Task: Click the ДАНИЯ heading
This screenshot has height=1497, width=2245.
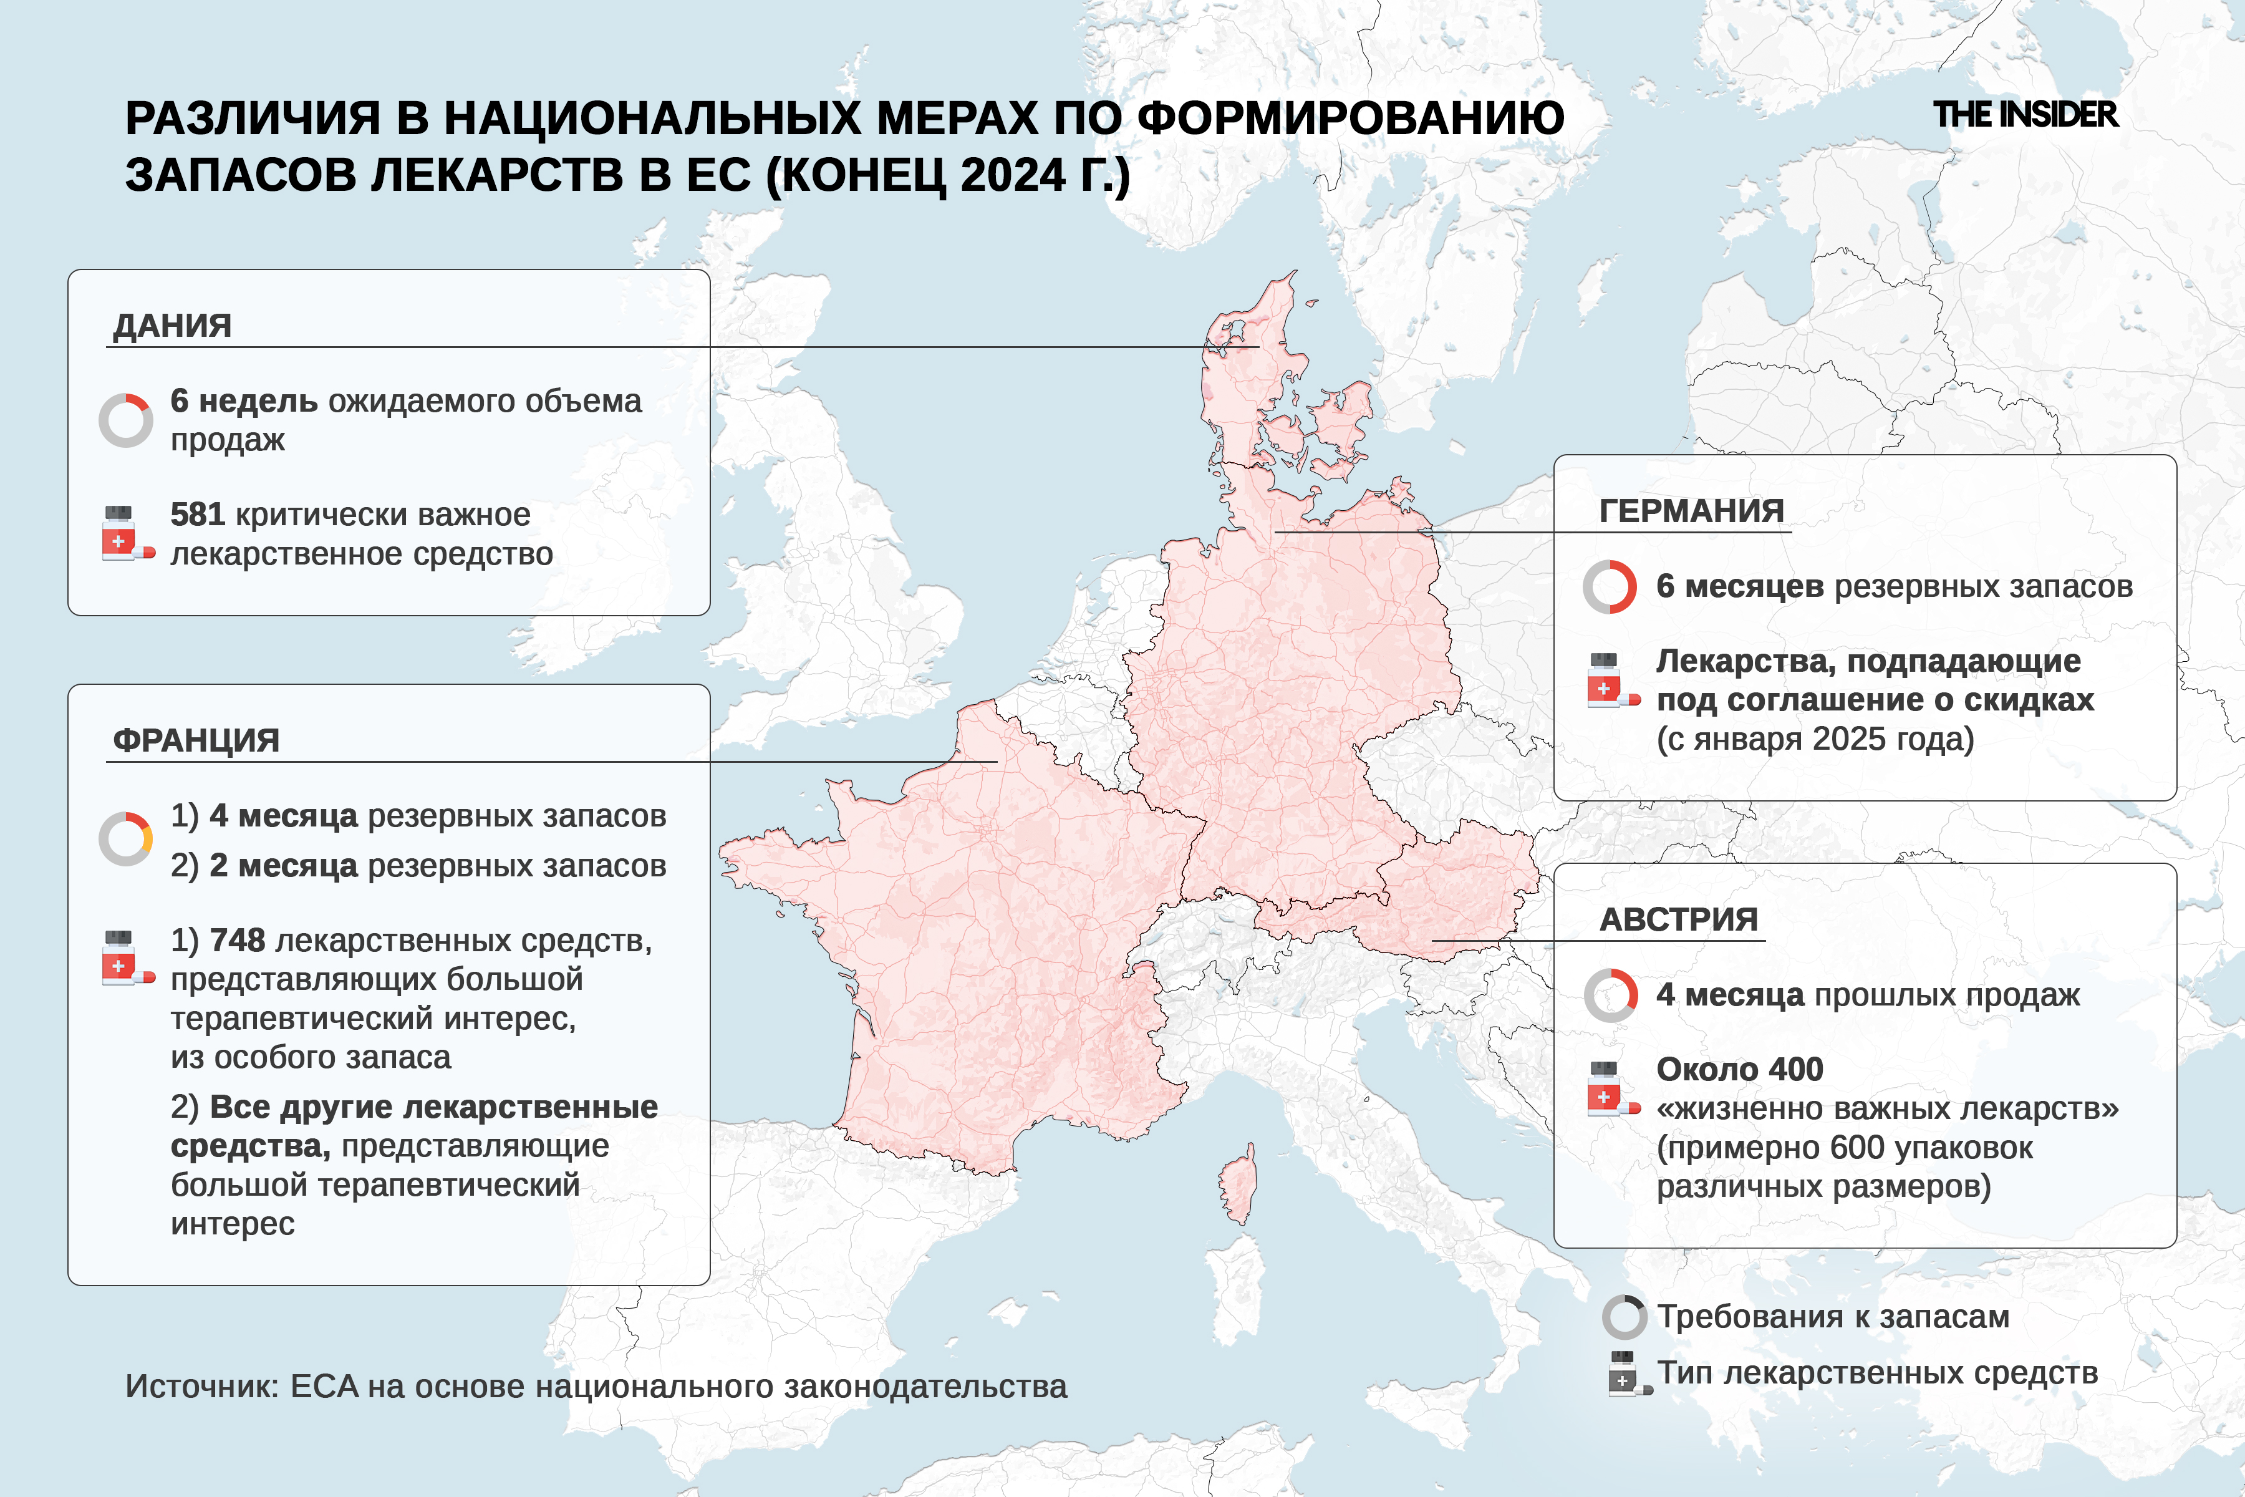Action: [x=173, y=326]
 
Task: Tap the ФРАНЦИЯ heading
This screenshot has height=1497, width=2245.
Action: [x=196, y=740]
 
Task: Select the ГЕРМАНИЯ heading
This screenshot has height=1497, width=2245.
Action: [x=1691, y=511]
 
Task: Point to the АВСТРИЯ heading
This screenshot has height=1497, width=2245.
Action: [x=1678, y=919]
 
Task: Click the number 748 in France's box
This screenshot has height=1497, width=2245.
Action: [x=237, y=941]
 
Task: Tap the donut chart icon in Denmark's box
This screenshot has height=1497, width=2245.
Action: [x=126, y=420]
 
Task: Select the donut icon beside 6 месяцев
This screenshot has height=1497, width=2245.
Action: [x=1610, y=586]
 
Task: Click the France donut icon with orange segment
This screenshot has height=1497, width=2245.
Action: [x=126, y=838]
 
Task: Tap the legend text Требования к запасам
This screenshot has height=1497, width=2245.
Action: [x=1833, y=1317]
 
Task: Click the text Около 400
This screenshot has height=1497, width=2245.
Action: [x=1739, y=1069]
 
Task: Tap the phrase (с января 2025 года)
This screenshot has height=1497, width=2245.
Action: [x=1815, y=739]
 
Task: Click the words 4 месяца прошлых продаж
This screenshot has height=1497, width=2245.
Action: [x=1867, y=995]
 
